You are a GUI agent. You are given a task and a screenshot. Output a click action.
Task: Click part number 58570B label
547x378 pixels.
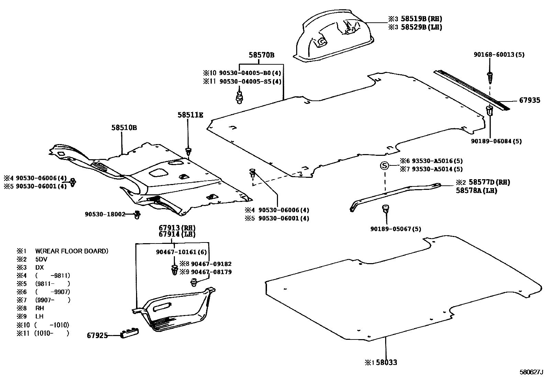point(261,55)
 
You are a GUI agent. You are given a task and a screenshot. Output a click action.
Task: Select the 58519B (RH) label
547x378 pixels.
point(421,19)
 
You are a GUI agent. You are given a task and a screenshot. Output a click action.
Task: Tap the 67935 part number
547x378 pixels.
point(529,100)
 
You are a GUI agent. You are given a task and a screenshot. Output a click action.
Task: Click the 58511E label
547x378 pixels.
point(190,115)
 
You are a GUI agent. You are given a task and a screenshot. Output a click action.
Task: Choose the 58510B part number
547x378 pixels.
point(124,128)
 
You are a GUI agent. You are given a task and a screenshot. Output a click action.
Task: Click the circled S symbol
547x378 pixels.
point(384,166)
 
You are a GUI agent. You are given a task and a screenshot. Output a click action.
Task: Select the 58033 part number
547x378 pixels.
point(387,362)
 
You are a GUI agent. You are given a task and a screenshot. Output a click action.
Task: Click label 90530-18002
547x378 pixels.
point(105,214)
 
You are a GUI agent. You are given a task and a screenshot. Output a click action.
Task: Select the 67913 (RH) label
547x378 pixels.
point(177,228)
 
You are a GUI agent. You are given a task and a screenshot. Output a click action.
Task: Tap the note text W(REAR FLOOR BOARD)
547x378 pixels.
point(71,251)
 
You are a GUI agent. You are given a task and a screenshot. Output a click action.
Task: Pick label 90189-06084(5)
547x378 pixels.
point(496,141)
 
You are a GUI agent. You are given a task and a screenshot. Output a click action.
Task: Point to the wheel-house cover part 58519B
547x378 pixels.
point(333,40)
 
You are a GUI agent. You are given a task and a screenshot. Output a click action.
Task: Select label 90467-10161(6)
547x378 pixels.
point(181,252)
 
